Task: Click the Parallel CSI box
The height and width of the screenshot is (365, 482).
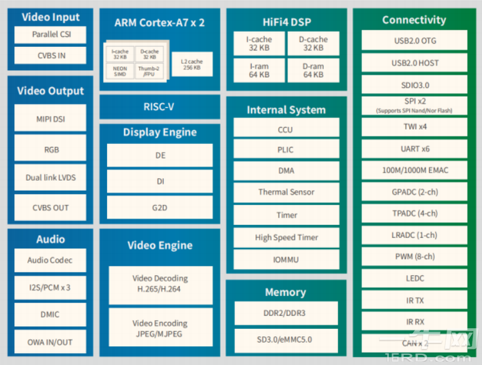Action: (50, 34)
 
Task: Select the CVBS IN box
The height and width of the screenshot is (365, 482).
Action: (50, 55)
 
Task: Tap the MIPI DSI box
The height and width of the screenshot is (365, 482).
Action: (50, 119)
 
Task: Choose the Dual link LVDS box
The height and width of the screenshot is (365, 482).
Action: (50, 177)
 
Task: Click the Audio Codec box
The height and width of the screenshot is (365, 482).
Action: (50, 260)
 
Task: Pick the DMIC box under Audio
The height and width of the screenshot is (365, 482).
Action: (50, 314)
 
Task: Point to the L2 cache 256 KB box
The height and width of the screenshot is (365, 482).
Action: (191, 64)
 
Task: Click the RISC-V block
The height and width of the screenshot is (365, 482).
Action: (159, 106)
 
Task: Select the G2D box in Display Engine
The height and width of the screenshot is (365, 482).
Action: (159, 207)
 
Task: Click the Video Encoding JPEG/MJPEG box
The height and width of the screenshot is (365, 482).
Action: (159, 328)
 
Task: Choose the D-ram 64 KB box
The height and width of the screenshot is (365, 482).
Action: (313, 70)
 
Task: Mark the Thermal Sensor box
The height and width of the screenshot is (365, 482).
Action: (286, 192)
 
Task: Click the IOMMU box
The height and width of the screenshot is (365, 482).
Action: (286, 259)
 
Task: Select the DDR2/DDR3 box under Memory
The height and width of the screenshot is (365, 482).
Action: (286, 313)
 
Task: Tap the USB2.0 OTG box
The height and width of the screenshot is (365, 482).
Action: (414, 41)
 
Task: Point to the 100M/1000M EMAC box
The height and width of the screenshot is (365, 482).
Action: (414, 170)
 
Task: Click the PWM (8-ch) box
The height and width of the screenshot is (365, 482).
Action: (414, 257)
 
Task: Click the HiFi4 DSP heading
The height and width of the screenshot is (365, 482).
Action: (286, 22)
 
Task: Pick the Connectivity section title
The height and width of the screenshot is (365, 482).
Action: (414, 20)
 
